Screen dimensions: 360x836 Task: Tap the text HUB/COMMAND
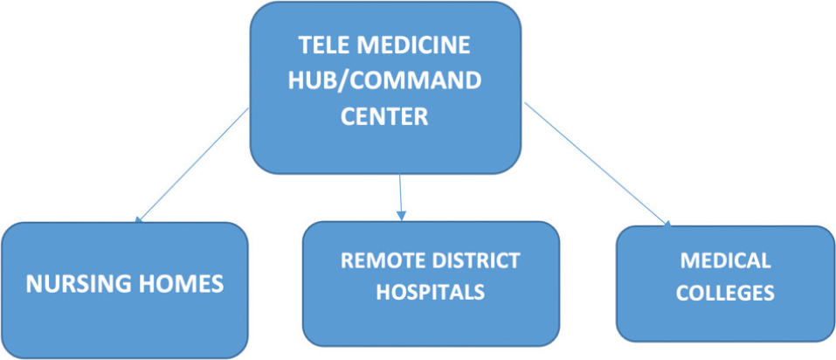(385, 81)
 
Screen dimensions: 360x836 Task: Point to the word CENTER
(385, 117)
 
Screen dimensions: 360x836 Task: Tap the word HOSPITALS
(430, 293)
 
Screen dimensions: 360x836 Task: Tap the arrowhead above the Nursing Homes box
(139, 218)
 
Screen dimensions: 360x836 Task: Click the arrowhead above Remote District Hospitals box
(400, 215)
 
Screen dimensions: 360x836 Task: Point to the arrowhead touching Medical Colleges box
(668, 224)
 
